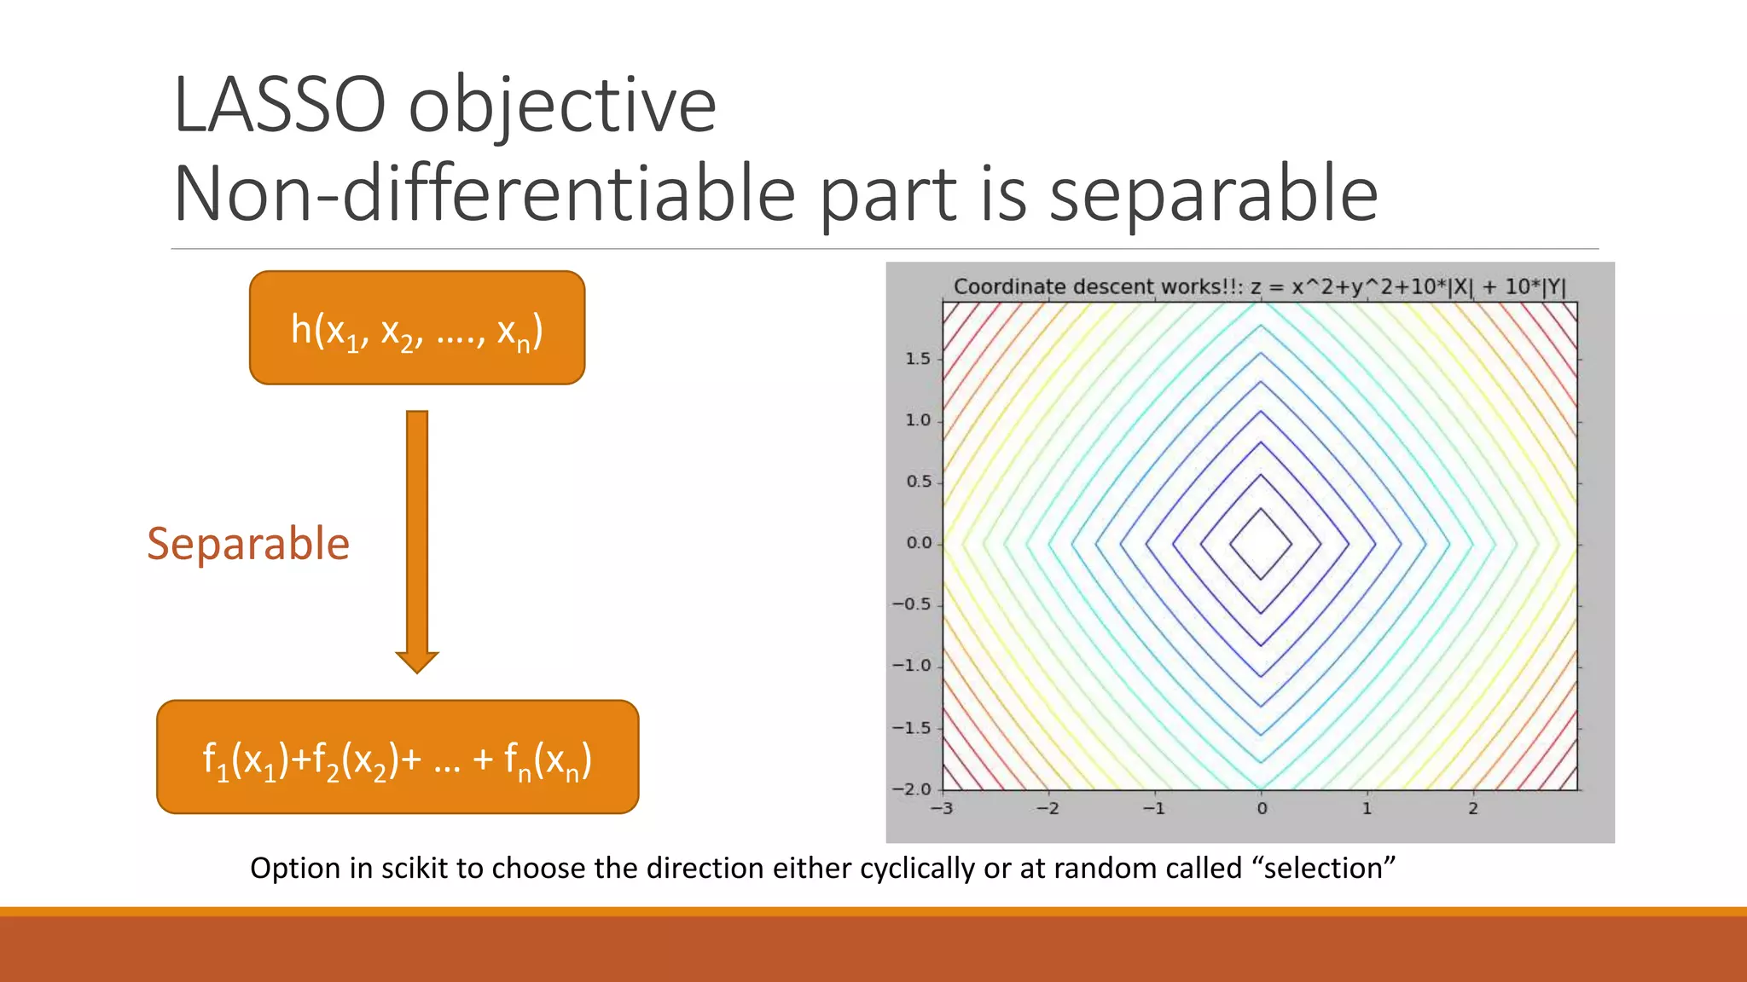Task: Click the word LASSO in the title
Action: click(279, 106)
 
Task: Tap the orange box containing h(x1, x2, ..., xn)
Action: click(416, 328)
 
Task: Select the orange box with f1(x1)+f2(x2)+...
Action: click(398, 757)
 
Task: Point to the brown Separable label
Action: click(248, 544)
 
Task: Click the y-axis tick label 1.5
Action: click(918, 359)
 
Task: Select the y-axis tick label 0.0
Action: click(918, 543)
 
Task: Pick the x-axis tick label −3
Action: click(941, 808)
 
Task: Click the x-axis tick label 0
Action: click(1262, 808)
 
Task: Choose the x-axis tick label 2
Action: click(1473, 808)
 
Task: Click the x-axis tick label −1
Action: click(1152, 808)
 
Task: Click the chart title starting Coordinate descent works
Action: click(1259, 286)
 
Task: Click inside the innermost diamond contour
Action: click(1261, 544)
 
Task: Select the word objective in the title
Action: click(562, 106)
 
